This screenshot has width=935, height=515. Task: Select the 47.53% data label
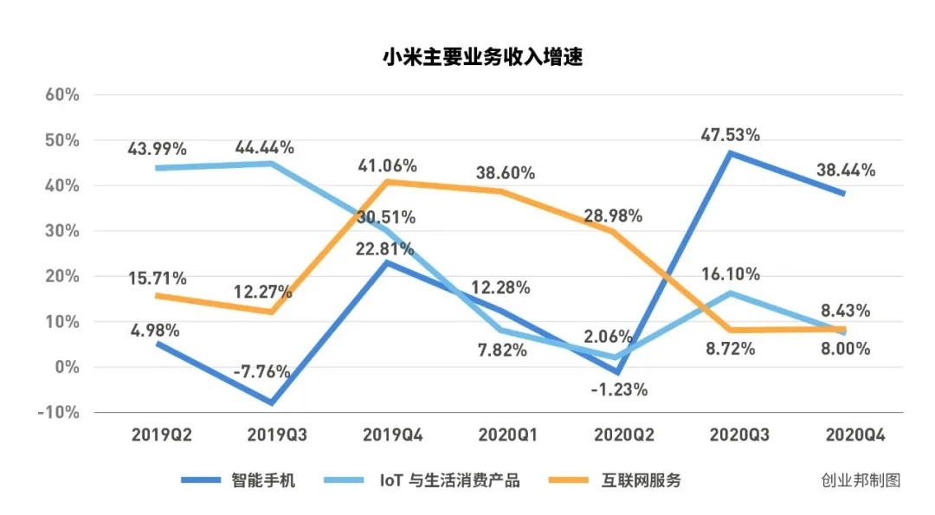(x=730, y=134)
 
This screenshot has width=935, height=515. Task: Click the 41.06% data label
(x=387, y=164)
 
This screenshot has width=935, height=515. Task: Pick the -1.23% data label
(x=617, y=389)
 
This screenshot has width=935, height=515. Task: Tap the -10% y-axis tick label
(x=58, y=413)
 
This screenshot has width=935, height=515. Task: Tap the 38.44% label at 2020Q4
(x=845, y=171)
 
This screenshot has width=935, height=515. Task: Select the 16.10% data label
(x=730, y=274)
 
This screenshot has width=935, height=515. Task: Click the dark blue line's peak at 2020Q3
(x=732, y=153)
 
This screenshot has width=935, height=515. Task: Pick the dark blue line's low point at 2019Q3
(x=273, y=403)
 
